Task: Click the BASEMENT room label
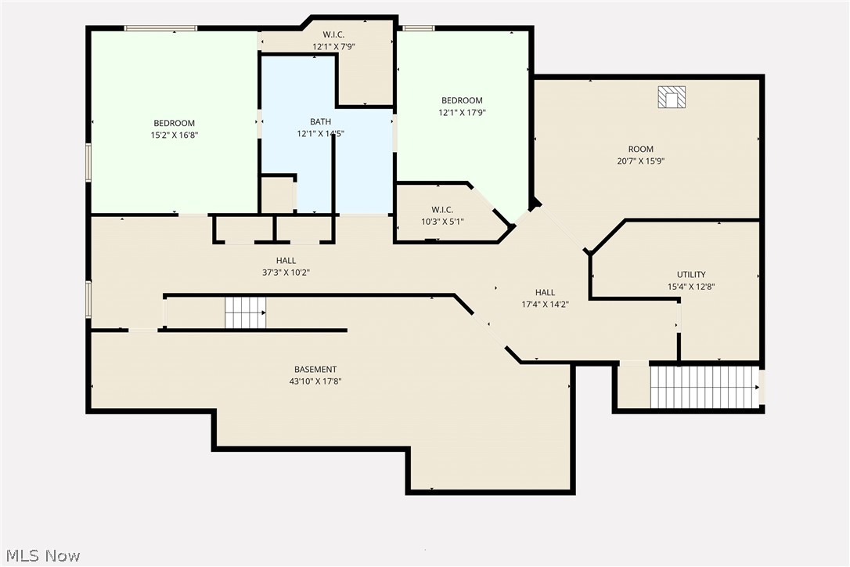(x=315, y=370)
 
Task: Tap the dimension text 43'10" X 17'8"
(x=315, y=381)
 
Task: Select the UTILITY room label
(x=691, y=275)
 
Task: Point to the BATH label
(x=320, y=121)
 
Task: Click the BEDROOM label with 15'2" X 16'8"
(x=174, y=123)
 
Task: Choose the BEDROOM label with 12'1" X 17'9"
(x=462, y=100)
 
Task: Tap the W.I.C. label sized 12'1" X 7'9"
(x=334, y=34)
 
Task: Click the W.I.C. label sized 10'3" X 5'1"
(x=442, y=210)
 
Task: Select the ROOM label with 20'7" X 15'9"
(x=640, y=149)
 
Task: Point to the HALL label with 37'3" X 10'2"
(x=286, y=261)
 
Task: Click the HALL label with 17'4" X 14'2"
(x=545, y=292)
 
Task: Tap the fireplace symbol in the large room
(x=671, y=97)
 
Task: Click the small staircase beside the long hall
(x=245, y=312)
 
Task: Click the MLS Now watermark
(x=41, y=555)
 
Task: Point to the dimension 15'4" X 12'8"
(x=691, y=287)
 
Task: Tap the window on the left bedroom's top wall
(x=160, y=28)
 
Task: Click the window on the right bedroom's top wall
(x=418, y=28)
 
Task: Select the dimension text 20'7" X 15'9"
(x=640, y=161)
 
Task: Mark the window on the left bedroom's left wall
(x=88, y=161)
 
